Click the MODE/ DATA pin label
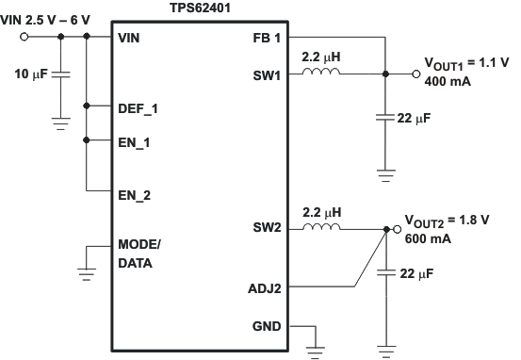tap(139, 254)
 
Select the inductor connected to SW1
tap(321, 72)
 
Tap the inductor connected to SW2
tap(321, 227)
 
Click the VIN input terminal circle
tap(24, 38)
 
